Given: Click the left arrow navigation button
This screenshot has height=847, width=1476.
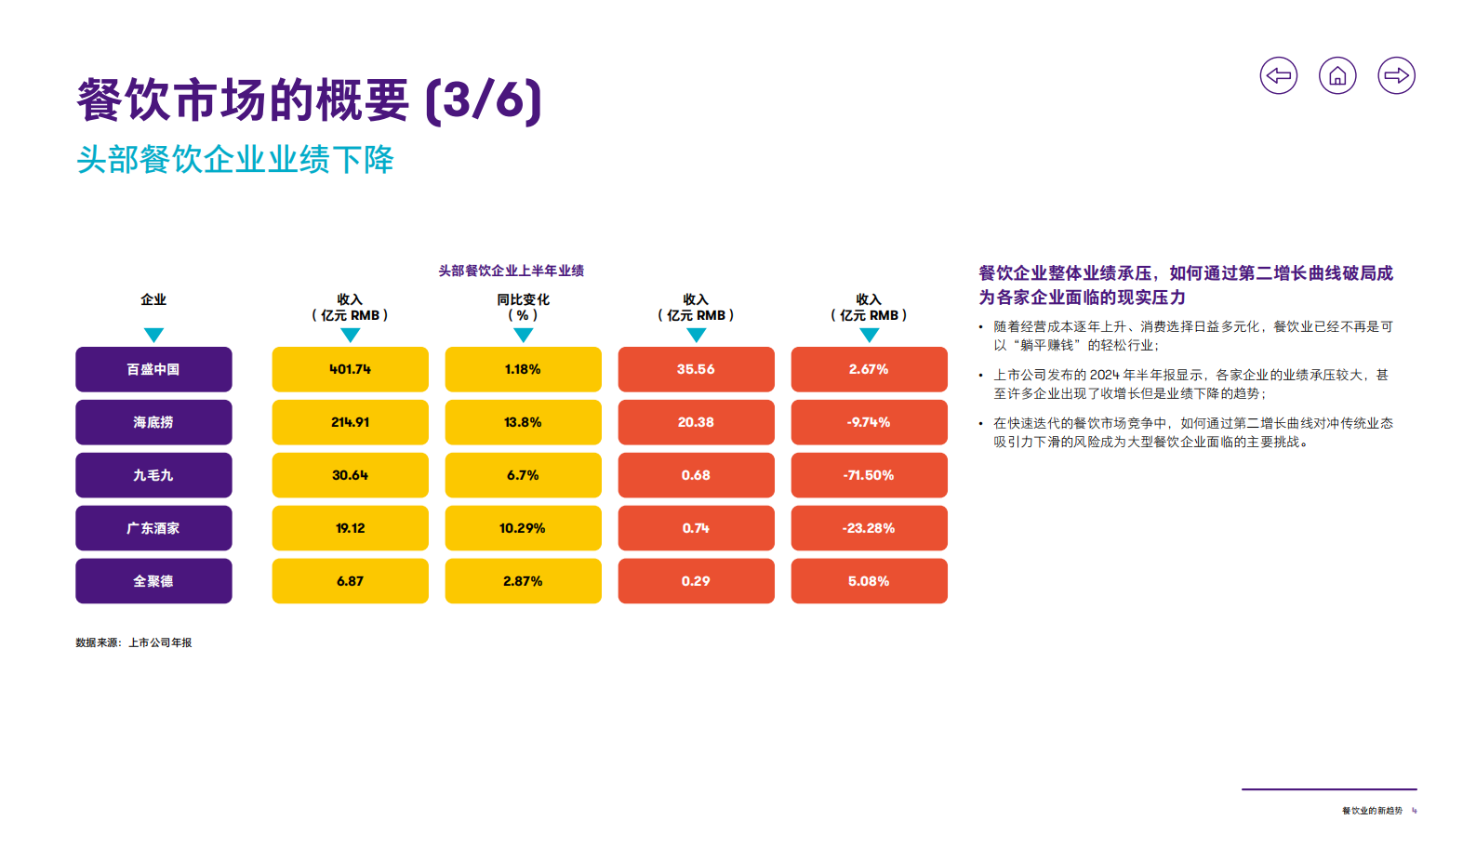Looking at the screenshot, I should [1278, 75].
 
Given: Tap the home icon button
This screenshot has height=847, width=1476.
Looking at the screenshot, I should [1337, 75].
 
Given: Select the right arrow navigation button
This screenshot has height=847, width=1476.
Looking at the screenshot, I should [1396, 75].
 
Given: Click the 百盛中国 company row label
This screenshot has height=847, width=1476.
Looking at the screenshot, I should [153, 369].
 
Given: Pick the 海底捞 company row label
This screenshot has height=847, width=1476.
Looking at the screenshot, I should [153, 422].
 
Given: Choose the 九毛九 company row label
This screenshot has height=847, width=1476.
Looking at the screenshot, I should [153, 475].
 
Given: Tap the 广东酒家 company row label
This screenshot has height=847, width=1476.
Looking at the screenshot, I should [153, 528].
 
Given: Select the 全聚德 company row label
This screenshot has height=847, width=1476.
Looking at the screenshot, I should [153, 581].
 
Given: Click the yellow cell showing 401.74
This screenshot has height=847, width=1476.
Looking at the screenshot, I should [350, 369].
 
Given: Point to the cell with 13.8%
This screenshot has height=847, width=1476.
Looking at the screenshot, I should [523, 422].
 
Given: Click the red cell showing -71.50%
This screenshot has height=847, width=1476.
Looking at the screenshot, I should [869, 475].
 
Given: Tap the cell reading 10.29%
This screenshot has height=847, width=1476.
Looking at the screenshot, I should [523, 528].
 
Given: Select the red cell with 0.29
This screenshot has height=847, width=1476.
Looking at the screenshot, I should [696, 581].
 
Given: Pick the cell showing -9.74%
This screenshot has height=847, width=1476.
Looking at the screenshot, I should [869, 422].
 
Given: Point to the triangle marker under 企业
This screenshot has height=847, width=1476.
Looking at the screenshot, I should [153, 335].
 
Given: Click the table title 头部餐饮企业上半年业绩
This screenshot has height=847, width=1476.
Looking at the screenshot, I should [512, 271].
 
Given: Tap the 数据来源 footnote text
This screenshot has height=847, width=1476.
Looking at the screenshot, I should [134, 642].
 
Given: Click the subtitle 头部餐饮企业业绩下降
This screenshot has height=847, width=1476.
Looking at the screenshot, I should [235, 160].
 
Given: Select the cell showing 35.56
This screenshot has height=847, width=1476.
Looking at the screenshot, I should [696, 369].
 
